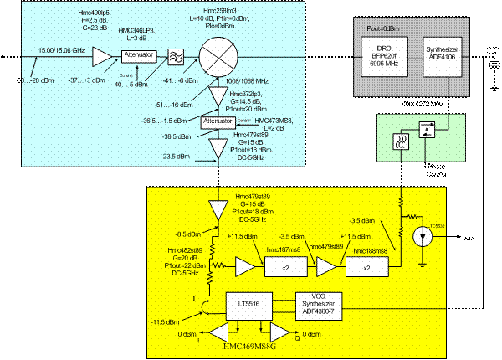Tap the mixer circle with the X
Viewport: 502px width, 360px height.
pyautogui.click(x=219, y=56)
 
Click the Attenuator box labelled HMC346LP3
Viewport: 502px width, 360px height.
pyautogui.click(x=138, y=56)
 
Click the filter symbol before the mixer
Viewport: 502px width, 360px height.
pyautogui.click(x=177, y=56)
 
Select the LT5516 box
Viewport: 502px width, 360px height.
pyautogui.click(x=247, y=301)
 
